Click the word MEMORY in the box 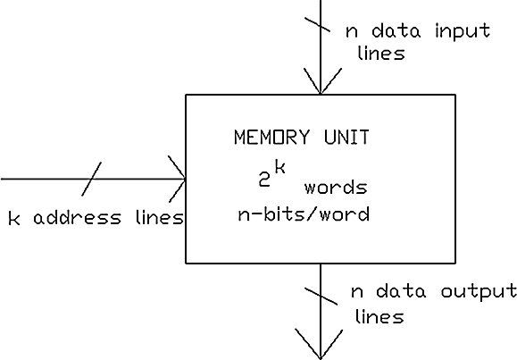pyautogui.click(x=272, y=137)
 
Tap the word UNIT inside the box pyautogui.click(x=346, y=137)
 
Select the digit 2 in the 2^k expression pyautogui.click(x=264, y=180)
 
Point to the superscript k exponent pyautogui.click(x=280, y=166)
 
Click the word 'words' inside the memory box pyautogui.click(x=336, y=187)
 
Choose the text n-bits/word pyautogui.click(x=304, y=213)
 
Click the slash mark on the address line pyautogui.click(x=91, y=179)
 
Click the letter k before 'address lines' pyautogui.click(x=14, y=218)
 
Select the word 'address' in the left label pyautogui.click(x=78, y=218)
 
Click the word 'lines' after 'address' pyautogui.click(x=160, y=218)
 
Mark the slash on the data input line pyautogui.click(x=317, y=24)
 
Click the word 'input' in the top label pyautogui.click(x=463, y=31)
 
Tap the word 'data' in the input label pyautogui.click(x=396, y=30)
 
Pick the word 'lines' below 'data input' pyautogui.click(x=381, y=53)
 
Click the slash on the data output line pyautogui.click(x=321, y=296)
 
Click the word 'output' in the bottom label pyautogui.click(x=479, y=292)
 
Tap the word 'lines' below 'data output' pyautogui.click(x=379, y=316)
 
